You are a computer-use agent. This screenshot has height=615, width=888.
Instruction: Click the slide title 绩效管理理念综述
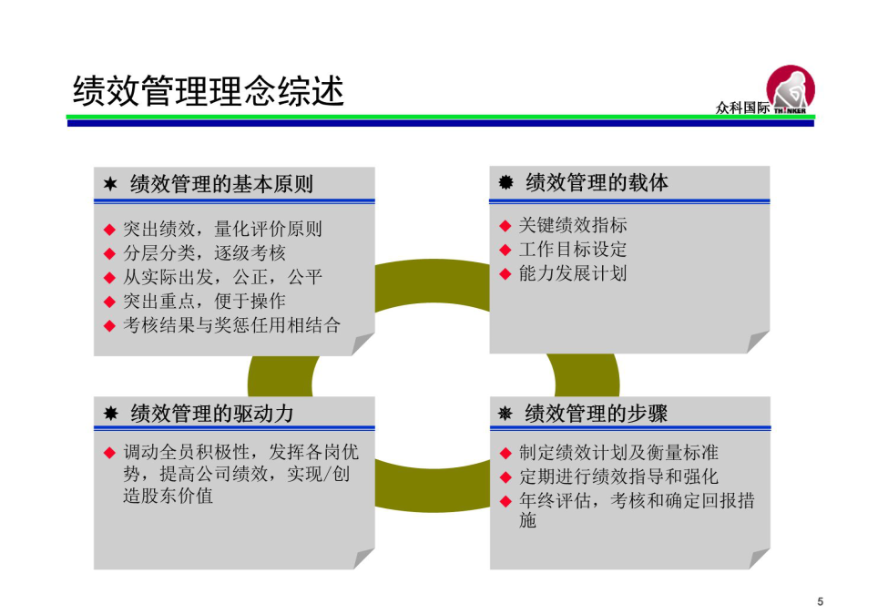pyautogui.click(x=209, y=91)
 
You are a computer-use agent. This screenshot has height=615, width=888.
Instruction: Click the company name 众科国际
pyautogui.click(x=742, y=108)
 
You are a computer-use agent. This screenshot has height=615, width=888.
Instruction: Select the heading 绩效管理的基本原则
pyautogui.click(x=221, y=184)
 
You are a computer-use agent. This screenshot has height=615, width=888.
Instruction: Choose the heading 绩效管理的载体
pyautogui.click(x=597, y=182)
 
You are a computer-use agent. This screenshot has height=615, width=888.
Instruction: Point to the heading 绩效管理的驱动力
pyautogui.click(x=212, y=414)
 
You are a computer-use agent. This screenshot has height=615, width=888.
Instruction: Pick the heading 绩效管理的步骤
pyautogui.click(x=597, y=414)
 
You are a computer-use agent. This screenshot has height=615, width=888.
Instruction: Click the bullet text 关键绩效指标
pyautogui.click(x=573, y=225)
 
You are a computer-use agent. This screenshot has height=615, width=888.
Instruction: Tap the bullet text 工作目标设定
pyautogui.click(x=573, y=249)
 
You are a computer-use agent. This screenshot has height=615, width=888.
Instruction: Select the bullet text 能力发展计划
pyautogui.click(x=573, y=273)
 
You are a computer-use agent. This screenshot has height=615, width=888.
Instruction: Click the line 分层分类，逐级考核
pyautogui.click(x=204, y=253)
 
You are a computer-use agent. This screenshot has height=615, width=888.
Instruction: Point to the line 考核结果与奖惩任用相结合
pyautogui.click(x=232, y=325)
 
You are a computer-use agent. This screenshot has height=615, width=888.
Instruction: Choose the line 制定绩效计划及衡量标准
pyautogui.click(x=619, y=453)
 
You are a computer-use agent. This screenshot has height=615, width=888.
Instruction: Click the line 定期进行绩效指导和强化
pyautogui.click(x=619, y=477)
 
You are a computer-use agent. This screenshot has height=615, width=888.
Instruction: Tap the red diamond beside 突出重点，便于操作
pyautogui.click(x=110, y=302)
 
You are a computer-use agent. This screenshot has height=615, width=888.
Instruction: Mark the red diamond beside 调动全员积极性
pyautogui.click(x=110, y=453)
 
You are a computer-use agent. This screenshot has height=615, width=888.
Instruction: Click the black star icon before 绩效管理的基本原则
pyautogui.click(x=110, y=183)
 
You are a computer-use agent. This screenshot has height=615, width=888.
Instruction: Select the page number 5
pyautogui.click(x=820, y=601)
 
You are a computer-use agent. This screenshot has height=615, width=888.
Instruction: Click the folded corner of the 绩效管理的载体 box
pyautogui.click(x=757, y=343)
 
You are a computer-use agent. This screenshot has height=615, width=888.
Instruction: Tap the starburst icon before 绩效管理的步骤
pyautogui.click(x=505, y=414)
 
